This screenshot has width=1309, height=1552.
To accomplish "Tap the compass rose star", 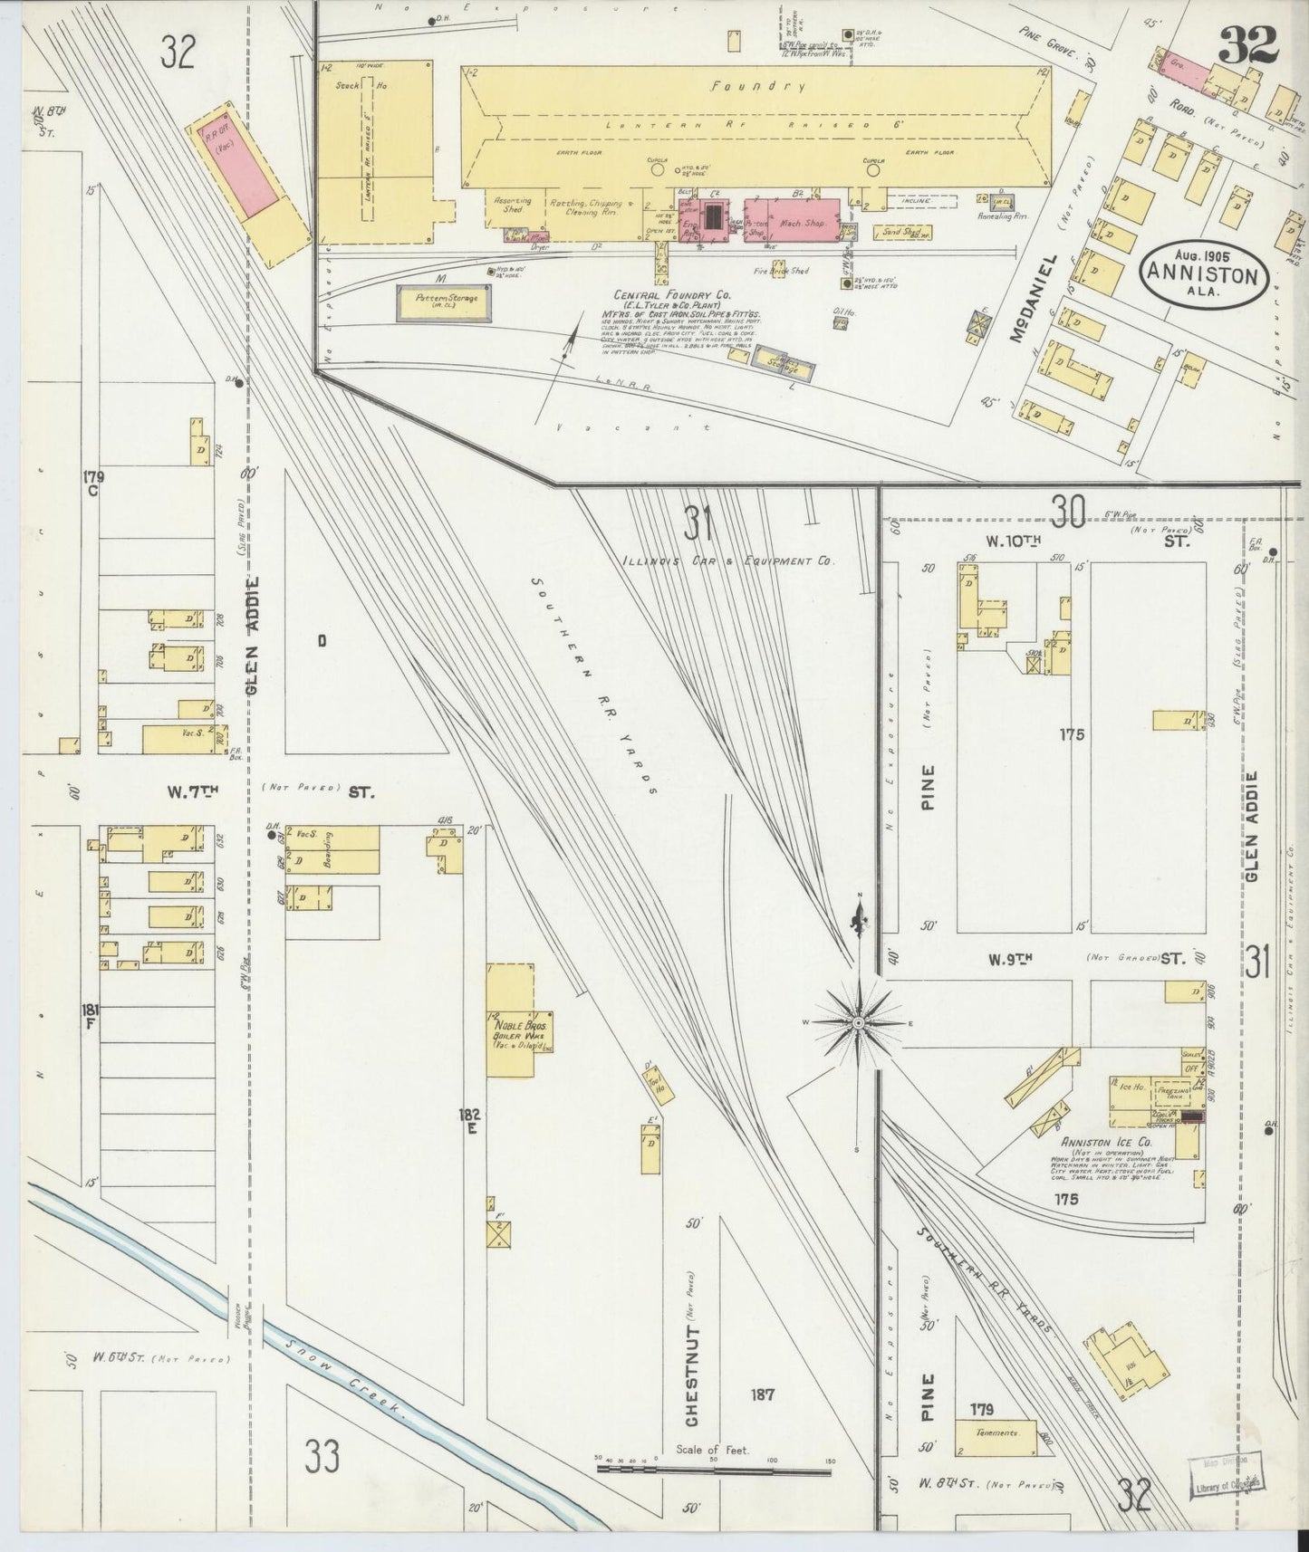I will coord(857,1022).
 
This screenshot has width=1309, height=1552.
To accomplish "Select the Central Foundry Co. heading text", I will coord(672,296).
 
